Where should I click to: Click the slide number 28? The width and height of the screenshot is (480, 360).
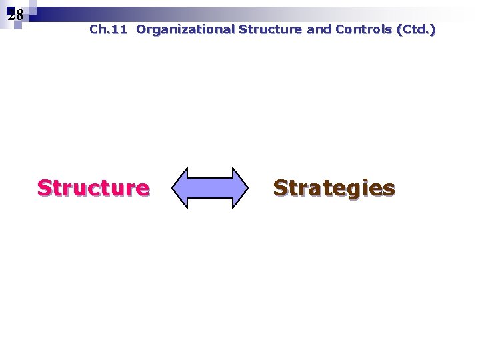point(16,15)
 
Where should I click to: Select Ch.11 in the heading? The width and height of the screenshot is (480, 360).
point(107,29)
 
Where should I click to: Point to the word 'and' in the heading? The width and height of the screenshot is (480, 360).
point(319,29)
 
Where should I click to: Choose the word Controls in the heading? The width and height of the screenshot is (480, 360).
point(363,29)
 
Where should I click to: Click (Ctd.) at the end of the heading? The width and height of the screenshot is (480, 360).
point(416,29)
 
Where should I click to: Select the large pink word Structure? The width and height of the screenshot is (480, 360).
point(93,188)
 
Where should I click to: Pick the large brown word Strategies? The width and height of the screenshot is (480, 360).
point(334,188)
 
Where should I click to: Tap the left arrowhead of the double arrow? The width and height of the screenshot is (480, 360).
point(181,188)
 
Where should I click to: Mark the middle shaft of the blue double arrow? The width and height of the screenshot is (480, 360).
point(210,188)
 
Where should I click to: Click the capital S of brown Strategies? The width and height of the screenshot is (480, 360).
point(281,188)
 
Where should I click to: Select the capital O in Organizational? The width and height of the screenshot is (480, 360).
point(141,29)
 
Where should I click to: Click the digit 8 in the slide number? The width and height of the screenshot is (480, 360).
point(19,15)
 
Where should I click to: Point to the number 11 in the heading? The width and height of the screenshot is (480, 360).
point(120,29)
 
